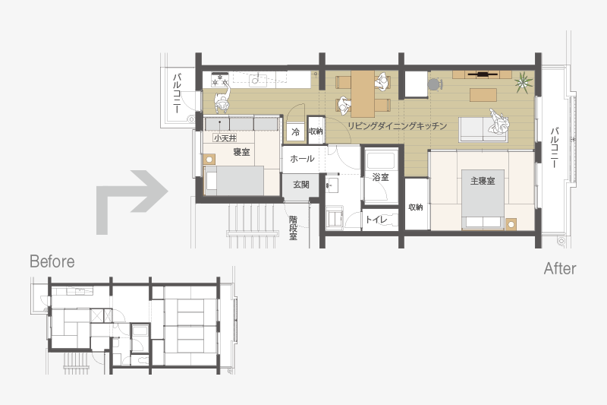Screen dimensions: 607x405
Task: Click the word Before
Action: click(x=52, y=261)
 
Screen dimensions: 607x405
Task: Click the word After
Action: click(x=560, y=268)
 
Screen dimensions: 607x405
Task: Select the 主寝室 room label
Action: click(x=483, y=181)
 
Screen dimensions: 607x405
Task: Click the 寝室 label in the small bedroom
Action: click(x=241, y=152)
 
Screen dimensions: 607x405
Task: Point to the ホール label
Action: click(x=302, y=159)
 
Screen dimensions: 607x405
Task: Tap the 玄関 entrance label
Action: click(x=300, y=185)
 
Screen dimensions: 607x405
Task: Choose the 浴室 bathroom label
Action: click(x=381, y=177)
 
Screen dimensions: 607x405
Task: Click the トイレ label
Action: click(x=376, y=220)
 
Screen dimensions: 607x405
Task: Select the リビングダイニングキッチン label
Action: click(x=397, y=126)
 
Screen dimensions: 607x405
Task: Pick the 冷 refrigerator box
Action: click(x=295, y=131)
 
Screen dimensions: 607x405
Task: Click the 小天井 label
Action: click(x=225, y=138)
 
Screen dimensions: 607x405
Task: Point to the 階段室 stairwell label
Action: click(x=293, y=228)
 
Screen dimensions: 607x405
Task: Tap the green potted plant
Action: click(x=524, y=83)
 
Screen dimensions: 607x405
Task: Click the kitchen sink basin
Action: click(x=256, y=80)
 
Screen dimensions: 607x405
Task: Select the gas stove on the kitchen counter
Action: click(x=219, y=80)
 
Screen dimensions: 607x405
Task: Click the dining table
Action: click(x=363, y=93)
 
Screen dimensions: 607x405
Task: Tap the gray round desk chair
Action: click(x=434, y=84)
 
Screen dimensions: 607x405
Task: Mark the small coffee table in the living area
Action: click(x=483, y=94)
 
